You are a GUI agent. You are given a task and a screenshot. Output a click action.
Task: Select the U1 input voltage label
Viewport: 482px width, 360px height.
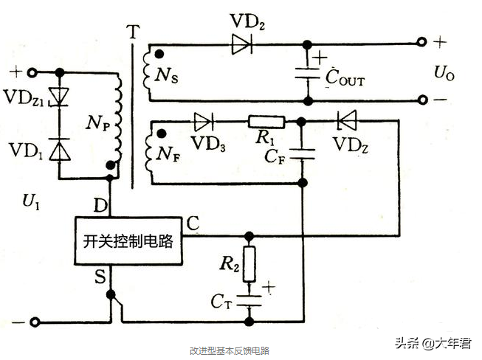click(30, 200)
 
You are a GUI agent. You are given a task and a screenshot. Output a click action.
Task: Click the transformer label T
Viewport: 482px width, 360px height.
click(132, 32)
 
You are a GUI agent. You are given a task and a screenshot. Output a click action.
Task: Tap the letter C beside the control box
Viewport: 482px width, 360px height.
click(192, 221)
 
